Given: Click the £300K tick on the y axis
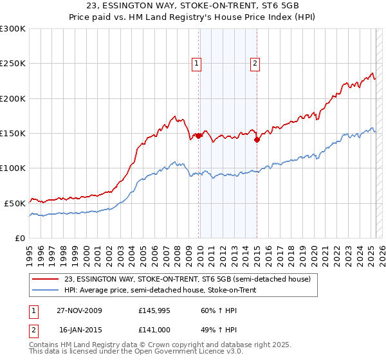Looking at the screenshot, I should pos(13,29).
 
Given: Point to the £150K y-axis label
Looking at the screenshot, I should pos(13,133).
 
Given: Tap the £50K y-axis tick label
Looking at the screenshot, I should pos(15,203).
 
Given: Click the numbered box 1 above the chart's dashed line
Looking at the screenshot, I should pos(196,63).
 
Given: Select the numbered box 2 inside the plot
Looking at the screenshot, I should pos(255,63).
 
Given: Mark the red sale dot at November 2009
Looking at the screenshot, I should pos(198,136).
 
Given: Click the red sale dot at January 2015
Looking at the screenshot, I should pos(257,139).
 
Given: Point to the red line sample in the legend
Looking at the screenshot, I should pos(46,279).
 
